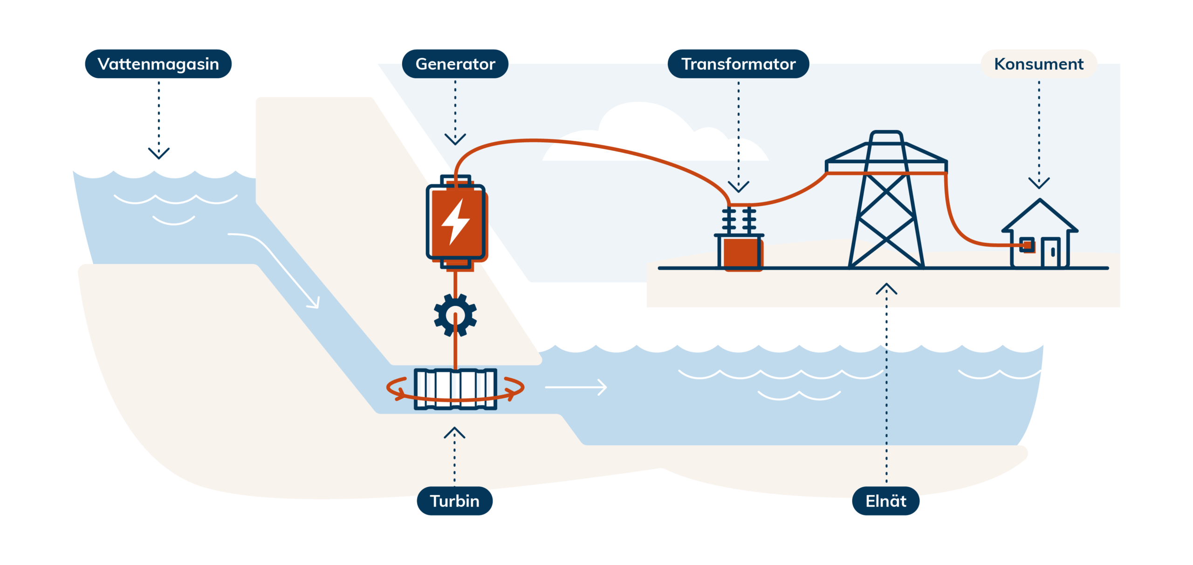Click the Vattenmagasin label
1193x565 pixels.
[x=158, y=64]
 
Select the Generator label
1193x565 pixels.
[x=455, y=64]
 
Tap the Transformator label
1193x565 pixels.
[x=738, y=64]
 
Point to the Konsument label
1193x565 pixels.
[x=1038, y=64]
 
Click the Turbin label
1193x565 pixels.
[x=454, y=501]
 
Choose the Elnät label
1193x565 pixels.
[x=885, y=501]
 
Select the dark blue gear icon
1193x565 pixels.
[x=455, y=315]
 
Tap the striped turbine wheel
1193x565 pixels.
[x=455, y=389]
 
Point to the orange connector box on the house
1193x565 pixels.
[x=1027, y=245]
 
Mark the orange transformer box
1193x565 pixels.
[x=740, y=253]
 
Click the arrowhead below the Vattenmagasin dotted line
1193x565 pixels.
[x=158, y=153]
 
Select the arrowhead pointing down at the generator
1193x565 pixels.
[x=455, y=139]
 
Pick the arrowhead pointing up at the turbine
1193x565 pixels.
[x=454, y=433]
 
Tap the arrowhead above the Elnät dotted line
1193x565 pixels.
[x=886, y=289]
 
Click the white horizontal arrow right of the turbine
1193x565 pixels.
[x=576, y=387]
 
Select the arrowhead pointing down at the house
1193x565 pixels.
[x=1039, y=182]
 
